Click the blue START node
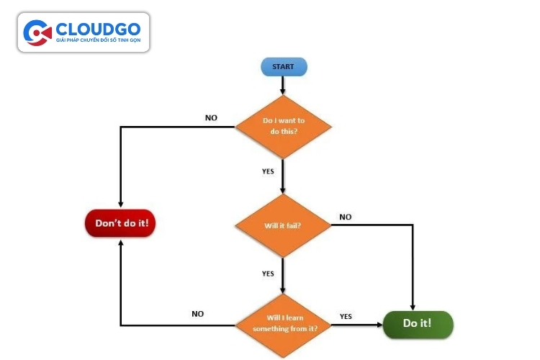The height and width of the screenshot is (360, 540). (x=283, y=67)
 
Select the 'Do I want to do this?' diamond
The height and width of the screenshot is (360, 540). (x=283, y=127)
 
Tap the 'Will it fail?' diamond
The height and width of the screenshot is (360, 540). (x=283, y=225)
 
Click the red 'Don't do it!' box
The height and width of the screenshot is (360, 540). (x=121, y=223)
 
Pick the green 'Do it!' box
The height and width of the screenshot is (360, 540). (x=417, y=323)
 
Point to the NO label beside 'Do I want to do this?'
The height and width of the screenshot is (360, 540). (x=211, y=117)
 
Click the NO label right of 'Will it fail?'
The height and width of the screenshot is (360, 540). (x=346, y=217)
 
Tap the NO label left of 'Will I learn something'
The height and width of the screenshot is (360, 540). (x=197, y=314)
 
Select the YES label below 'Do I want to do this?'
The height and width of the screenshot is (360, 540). (x=268, y=171)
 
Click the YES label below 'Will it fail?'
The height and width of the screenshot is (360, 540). (x=268, y=274)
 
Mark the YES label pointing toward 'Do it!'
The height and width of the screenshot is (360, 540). (x=346, y=316)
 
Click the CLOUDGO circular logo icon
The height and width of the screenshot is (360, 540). (x=37, y=32)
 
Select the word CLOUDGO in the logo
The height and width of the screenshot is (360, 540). (x=99, y=29)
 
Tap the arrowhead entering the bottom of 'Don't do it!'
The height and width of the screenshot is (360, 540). (x=121, y=243)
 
